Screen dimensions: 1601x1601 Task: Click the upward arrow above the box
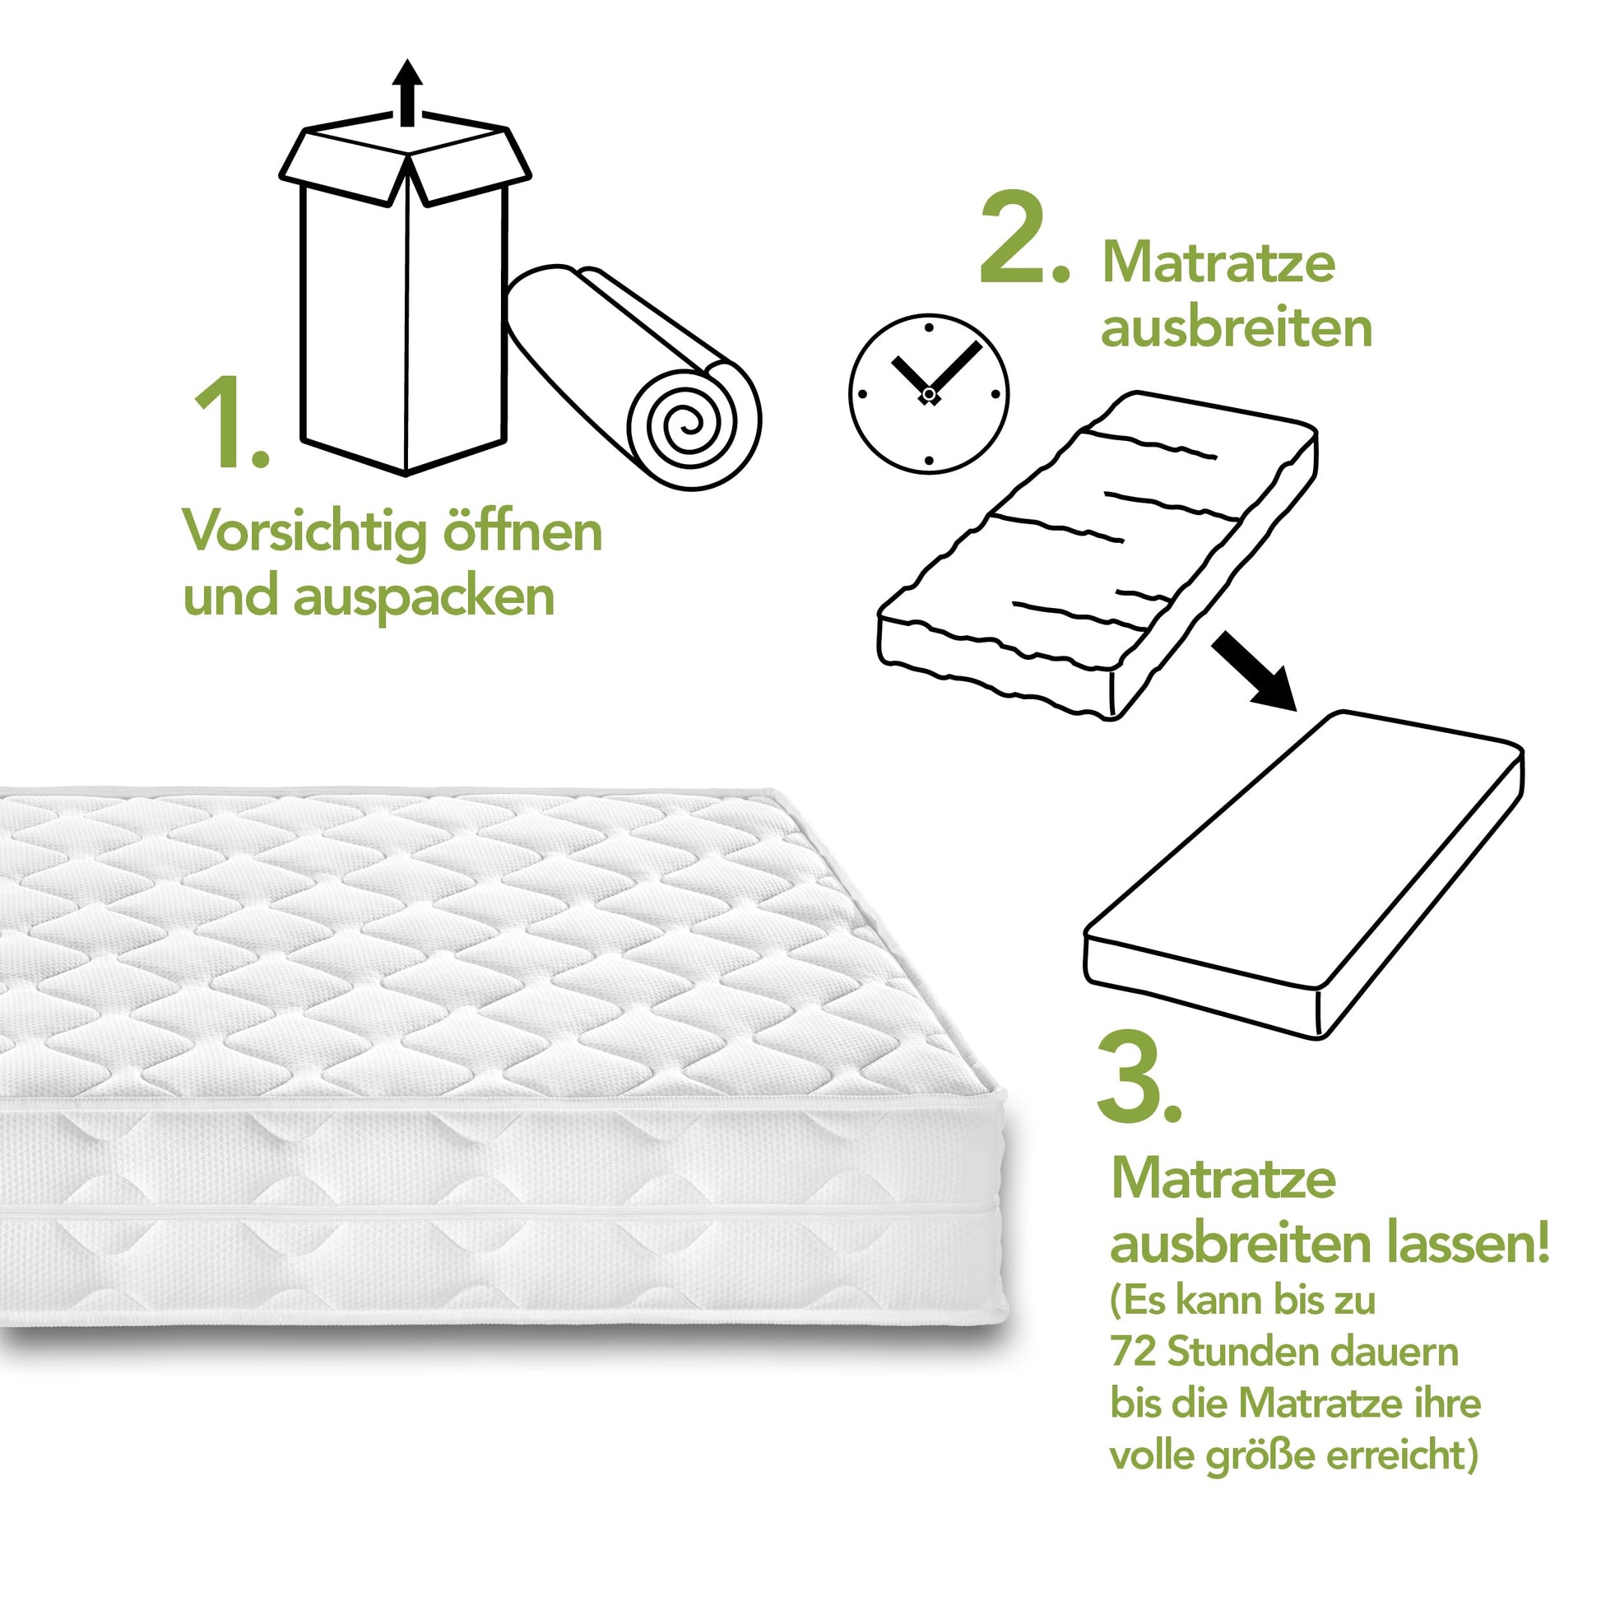[x=407, y=93]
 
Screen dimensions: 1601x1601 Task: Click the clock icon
[x=928, y=393]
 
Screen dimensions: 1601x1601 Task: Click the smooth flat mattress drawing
[x=1304, y=875]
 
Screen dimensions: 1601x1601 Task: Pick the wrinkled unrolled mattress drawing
[x=1098, y=555]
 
